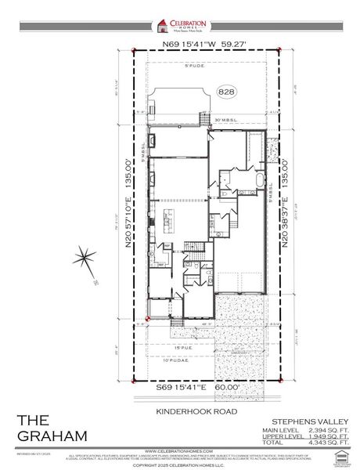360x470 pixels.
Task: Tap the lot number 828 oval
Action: pos(229,91)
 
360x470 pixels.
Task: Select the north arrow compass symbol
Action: pos(85,258)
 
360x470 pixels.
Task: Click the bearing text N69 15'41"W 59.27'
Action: pos(206,45)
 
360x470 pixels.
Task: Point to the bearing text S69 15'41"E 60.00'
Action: pos(207,386)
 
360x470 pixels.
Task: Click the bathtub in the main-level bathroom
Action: pos(257,182)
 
